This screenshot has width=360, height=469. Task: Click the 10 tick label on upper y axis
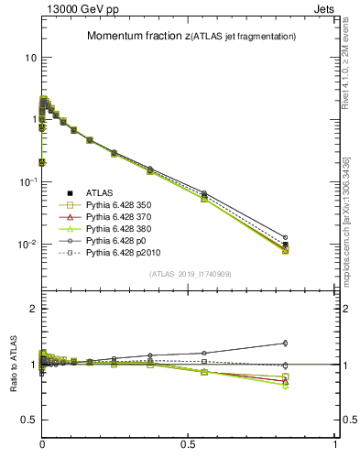[30, 57]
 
